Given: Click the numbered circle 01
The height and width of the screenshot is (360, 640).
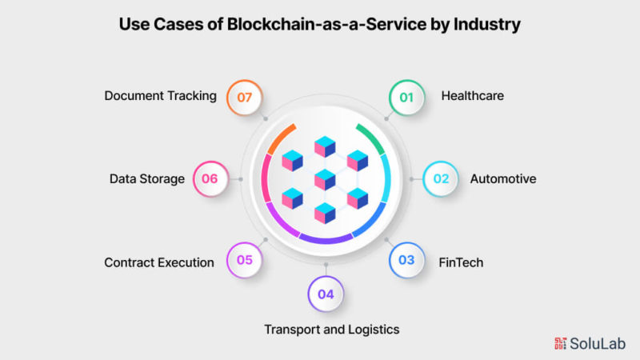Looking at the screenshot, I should (x=406, y=98).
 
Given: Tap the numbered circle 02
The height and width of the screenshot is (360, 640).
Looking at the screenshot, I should (x=440, y=178).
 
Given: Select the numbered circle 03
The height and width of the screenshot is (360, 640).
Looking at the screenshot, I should (x=406, y=260).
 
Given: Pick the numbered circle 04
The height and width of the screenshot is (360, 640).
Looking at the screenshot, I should (x=325, y=294).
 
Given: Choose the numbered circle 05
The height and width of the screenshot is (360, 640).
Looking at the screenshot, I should (x=244, y=260).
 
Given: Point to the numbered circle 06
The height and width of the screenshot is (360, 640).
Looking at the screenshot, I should (x=210, y=178).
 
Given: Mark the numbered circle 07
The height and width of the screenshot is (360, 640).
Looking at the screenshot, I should (x=244, y=97).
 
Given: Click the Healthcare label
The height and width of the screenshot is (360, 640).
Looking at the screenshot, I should (x=472, y=97).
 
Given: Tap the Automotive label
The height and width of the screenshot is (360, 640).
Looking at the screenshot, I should (x=502, y=178).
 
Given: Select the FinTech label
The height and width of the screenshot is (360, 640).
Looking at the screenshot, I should (x=460, y=262).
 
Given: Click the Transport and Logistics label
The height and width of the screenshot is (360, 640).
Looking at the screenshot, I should (x=331, y=329).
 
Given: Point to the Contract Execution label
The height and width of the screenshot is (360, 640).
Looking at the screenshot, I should (x=159, y=262).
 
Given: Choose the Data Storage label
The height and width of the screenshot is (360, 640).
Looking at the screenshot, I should (x=147, y=178).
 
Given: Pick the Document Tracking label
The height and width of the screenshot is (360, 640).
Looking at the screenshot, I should (x=160, y=96).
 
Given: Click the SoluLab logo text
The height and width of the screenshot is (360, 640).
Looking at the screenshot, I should (x=596, y=342).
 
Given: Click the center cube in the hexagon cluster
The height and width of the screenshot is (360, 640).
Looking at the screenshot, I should (x=325, y=179).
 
